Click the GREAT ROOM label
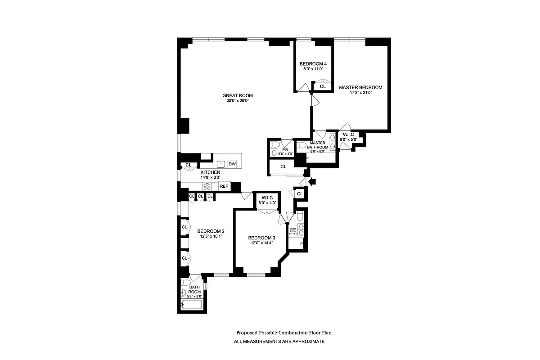point(238,95)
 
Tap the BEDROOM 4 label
point(313,64)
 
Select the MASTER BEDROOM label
point(360,87)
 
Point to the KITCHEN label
point(210,172)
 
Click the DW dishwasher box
point(232,164)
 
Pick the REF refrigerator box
point(224,186)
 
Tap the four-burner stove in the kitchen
point(207,186)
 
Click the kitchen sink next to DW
point(221,164)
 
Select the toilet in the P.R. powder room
point(274,145)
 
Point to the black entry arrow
point(314,181)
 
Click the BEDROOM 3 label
point(261,238)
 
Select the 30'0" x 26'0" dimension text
point(238,101)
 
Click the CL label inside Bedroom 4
point(323,86)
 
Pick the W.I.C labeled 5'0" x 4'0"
point(267,199)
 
